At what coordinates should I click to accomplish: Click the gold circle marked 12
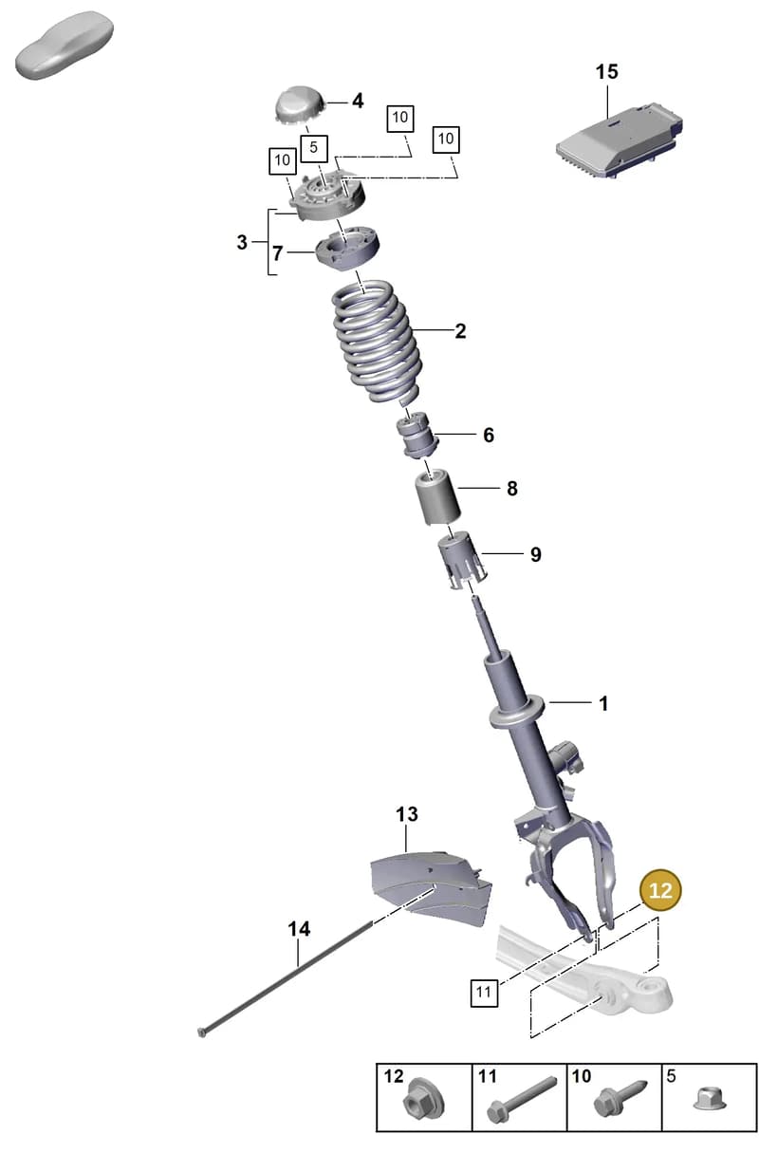click(660, 890)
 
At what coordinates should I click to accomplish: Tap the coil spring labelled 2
click(376, 343)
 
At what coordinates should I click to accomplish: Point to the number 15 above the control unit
click(606, 71)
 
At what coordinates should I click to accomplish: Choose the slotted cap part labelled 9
click(462, 561)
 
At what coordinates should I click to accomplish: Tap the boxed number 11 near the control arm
click(484, 992)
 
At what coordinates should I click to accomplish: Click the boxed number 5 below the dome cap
click(313, 148)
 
